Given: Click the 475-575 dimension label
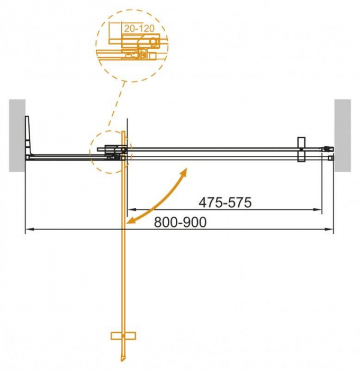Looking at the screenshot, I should coord(224,202).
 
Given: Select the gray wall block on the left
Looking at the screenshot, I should coord(17,135).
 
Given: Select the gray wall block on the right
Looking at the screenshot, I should coord(342,135).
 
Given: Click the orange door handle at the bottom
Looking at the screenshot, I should coord(123,335).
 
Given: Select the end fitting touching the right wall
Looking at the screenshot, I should coord(329,152).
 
